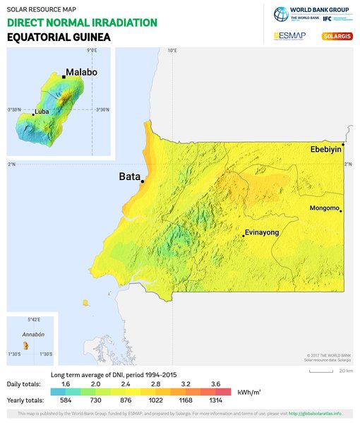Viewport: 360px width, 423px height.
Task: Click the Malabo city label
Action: click(x=81, y=72)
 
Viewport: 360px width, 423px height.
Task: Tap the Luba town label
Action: click(x=43, y=112)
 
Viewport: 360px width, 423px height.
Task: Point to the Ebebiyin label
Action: click(x=325, y=150)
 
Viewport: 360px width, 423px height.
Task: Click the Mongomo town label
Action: click(x=324, y=208)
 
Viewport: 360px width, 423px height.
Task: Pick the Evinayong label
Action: click(x=262, y=232)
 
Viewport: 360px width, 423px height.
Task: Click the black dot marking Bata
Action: click(x=143, y=181)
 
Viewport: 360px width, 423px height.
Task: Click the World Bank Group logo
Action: click(x=311, y=13)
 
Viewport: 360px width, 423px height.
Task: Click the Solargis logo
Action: click(x=336, y=36)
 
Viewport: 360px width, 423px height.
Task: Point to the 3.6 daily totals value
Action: click(x=215, y=383)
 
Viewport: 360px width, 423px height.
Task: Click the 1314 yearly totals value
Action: click(x=215, y=400)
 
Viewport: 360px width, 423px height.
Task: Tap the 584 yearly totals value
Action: click(x=66, y=400)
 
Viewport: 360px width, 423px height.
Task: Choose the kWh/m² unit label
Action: click(x=250, y=391)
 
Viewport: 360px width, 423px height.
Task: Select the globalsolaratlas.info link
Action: click(x=316, y=413)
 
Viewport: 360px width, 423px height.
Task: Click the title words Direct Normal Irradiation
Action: click(x=81, y=23)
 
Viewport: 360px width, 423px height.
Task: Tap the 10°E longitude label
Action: click(x=172, y=50)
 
